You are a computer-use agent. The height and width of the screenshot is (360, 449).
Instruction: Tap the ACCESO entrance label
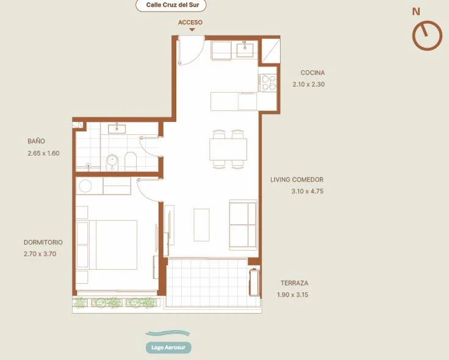coord(190,23)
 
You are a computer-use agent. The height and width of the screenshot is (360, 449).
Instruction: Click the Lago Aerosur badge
coord(168,347)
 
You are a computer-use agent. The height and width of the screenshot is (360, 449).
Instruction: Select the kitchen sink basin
coord(245,49)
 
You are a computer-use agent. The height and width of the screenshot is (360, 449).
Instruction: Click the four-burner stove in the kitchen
coord(268,83)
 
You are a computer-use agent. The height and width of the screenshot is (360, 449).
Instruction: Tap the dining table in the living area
coord(228,149)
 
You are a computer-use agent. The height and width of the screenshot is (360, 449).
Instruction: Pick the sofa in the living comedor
coord(243,225)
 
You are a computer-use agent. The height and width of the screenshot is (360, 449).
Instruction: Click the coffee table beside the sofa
coord(201,225)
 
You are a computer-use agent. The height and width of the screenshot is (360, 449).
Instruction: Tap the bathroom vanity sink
coord(117,129)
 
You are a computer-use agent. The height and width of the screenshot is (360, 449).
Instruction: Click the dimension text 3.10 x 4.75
coord(307,192)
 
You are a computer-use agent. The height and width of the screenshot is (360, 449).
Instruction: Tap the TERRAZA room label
coord(295,283)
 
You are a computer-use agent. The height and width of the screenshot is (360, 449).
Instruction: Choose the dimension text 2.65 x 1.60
coord(43,153)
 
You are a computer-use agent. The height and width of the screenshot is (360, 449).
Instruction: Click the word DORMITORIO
coord(43,242)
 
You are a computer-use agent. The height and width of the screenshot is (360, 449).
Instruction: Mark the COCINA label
coord(313,73)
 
